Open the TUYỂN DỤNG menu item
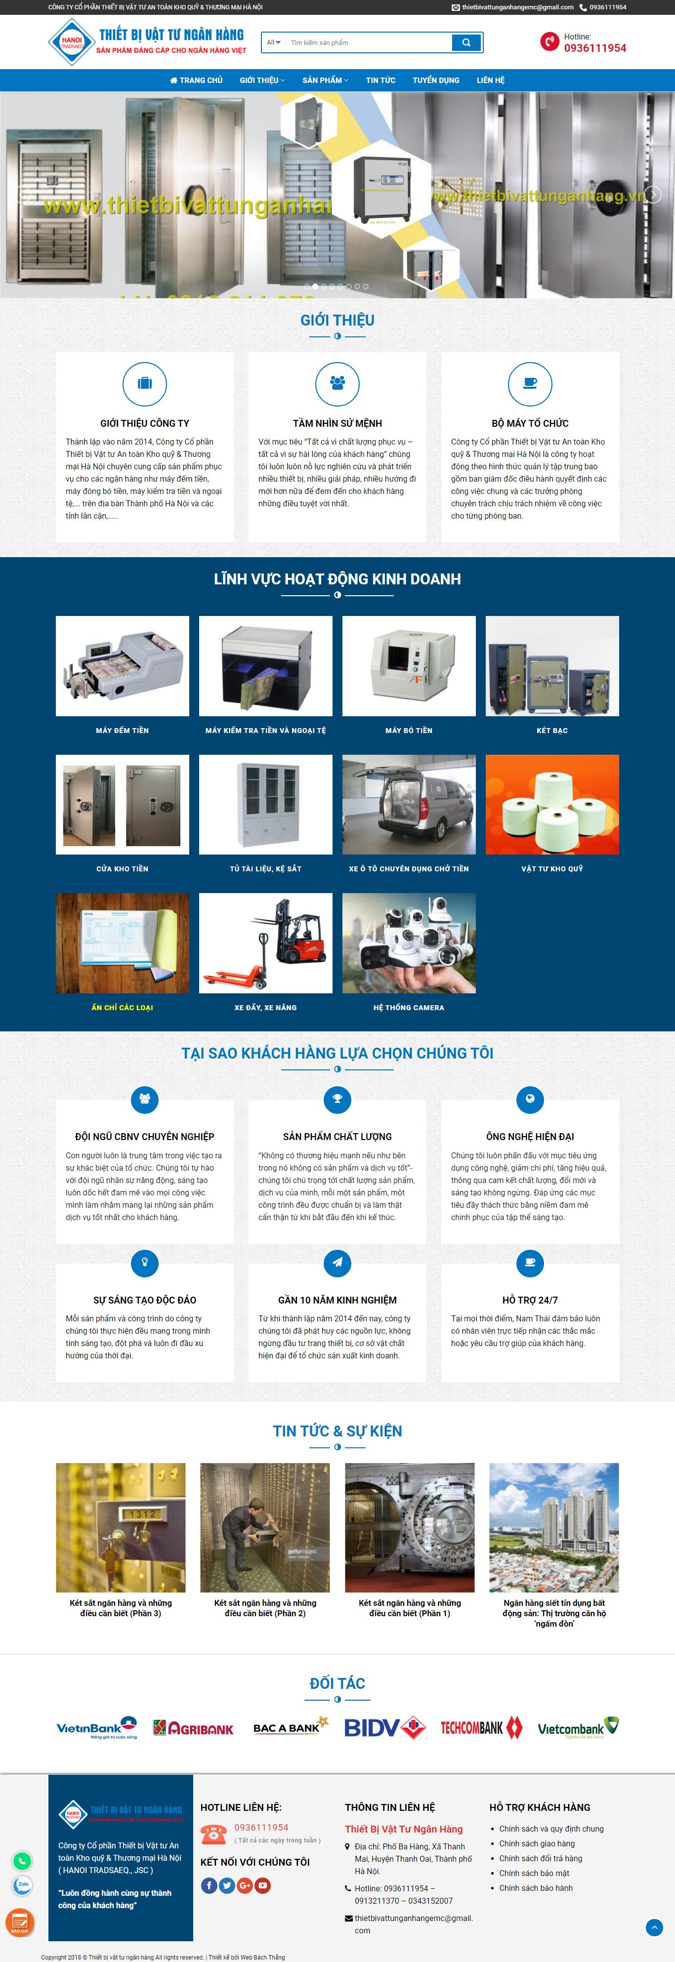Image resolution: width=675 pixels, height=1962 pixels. [x=436, y=80]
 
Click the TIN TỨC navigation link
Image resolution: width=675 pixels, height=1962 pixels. [x=380, y=80]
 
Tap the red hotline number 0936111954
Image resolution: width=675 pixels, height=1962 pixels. [x=594, y=48]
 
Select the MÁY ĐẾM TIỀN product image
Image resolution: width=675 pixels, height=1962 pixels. [x=123, y=666]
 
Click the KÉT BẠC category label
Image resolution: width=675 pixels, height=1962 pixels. [x=551, y=731]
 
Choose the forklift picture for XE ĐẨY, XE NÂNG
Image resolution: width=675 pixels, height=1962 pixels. [x=265, y=943]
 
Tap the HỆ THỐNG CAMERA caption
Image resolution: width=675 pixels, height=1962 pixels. [x=408, y=1008]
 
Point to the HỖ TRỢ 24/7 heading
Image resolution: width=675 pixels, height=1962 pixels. [x=530, y=1300]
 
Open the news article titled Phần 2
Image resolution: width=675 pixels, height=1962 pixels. [x=265, y=1608]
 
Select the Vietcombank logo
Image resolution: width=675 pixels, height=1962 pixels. [x=578, y=1728]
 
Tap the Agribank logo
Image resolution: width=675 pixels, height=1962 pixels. [x=193, y=1729]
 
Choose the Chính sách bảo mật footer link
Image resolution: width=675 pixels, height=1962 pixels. [x=534, y=1873]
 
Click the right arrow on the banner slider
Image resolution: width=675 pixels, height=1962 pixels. [x=652, y=194]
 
